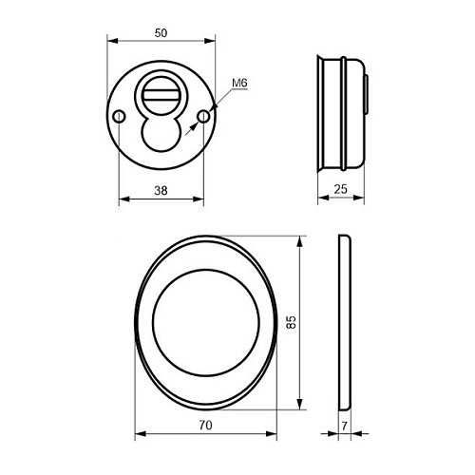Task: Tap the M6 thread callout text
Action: click(240, 84)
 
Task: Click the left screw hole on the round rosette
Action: click(118, 116)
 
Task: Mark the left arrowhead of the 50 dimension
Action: click(111, 43)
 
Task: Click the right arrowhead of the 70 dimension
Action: click(274, 434)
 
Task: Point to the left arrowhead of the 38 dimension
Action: click(122, 200)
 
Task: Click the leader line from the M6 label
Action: click(218, 101)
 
